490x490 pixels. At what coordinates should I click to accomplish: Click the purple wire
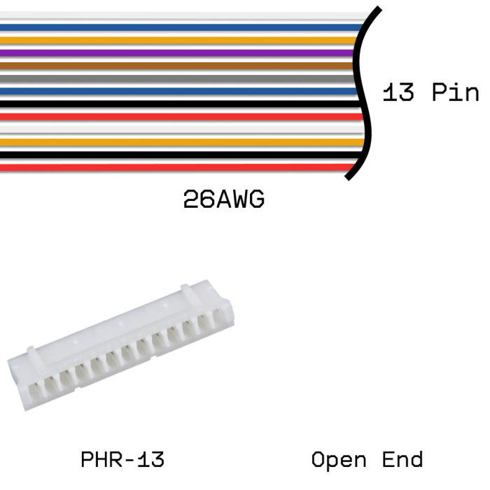click(x=176, y=52)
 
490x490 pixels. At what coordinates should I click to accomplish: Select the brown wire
click(x=176, y=66)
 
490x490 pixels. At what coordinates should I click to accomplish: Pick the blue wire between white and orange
click(x=181, y=27)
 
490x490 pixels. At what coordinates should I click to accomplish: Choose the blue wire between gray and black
click(x=178, y=91)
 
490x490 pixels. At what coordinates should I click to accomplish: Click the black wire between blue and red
click(x=181, y=104)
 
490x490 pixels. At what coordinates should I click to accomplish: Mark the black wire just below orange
click(x=181, y=155)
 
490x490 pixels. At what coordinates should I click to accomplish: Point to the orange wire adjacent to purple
click(x=178, y=40)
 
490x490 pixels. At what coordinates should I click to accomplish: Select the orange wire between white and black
click(x=183, y=142)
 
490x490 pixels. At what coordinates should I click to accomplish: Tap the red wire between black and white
click(x=182, y=117)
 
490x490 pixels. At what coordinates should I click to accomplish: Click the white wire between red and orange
click(x=183, y=129)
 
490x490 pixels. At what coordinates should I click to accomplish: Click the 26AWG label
click(x=224, y=199)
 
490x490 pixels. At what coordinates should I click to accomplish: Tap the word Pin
click(x=455, y=92)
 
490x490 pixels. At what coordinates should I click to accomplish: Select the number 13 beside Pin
click(x=398, y=92)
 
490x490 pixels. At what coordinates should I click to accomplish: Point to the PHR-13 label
click(x=122, y=459)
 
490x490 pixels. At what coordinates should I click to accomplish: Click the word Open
click(x=339, y=460)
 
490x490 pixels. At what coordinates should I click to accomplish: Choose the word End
click(x=402, y=459)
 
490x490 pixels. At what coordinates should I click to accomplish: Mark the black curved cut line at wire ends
click(x=363, y=94)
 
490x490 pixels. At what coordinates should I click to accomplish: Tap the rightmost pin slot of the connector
click(x=220, y=317)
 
